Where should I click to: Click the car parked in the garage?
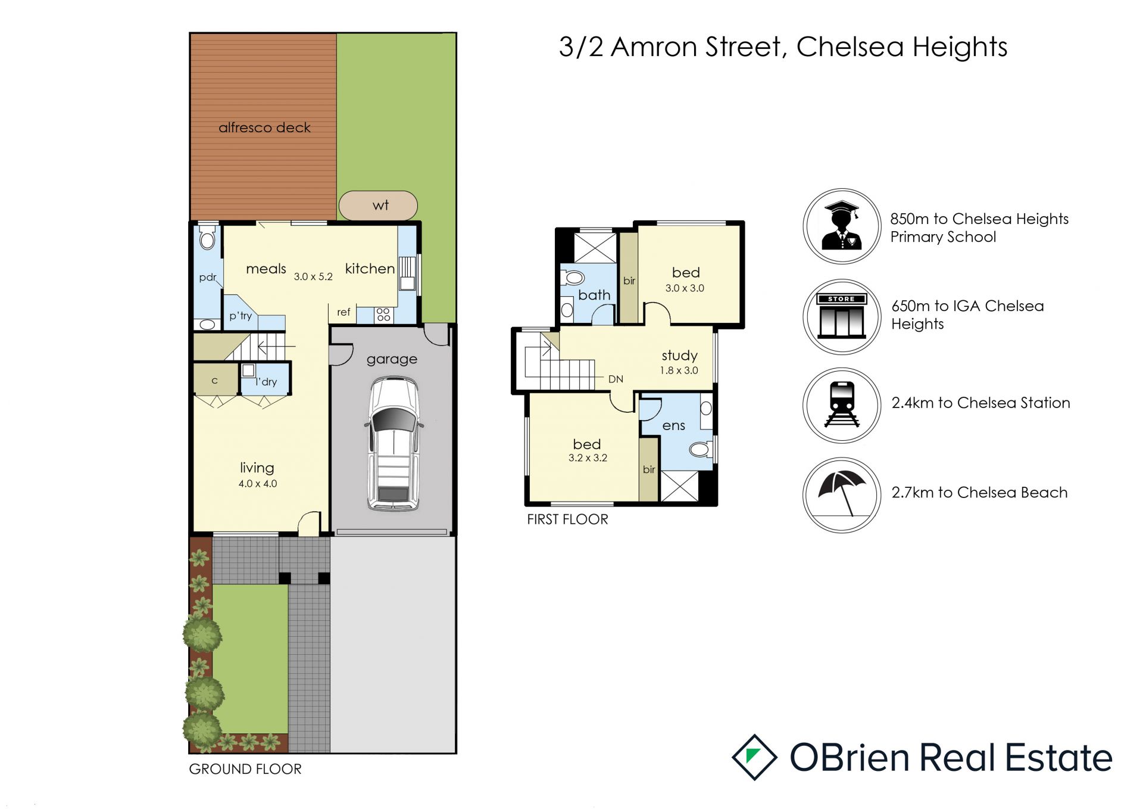393,444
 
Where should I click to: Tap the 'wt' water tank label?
380,206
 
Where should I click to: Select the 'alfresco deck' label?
264,127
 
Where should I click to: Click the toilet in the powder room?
207,237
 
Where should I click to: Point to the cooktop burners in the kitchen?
383,315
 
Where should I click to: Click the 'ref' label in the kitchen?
343,312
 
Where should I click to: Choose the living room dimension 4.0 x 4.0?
258,484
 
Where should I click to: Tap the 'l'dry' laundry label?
266,382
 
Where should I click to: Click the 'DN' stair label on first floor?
616,379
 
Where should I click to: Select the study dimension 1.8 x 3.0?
679,371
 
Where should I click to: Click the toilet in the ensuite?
701,449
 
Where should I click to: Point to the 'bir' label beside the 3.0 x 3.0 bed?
629,281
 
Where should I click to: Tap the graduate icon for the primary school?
841,226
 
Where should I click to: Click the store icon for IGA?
842,316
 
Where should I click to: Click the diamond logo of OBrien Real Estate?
754,757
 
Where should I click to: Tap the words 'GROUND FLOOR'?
245,769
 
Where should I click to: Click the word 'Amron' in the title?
654,47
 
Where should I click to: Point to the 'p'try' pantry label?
241,316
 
